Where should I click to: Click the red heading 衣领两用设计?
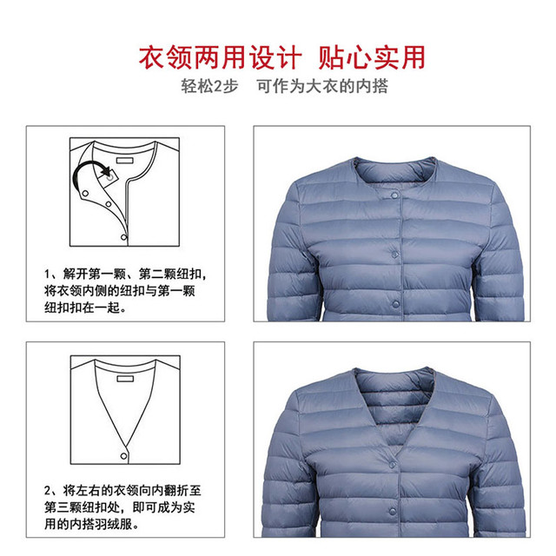pyautogui.click(x=220, y=57)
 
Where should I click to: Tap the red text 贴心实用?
pyautogui.click(x=372, y=57)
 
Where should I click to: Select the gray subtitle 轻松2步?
pyautogui.click(x=209, y=86)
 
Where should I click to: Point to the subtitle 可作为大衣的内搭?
pyautogui.click(x=322, y=86)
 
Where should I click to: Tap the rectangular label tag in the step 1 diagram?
pyautogui.click(x=125, y=161)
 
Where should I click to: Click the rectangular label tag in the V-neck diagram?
pyautogui.click(x=125, y=379)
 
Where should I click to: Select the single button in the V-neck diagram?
pyautogui.click(x=123, y=456)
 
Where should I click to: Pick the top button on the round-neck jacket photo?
pyautogui.click(x=394, y=195)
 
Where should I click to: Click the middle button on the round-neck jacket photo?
pyautogui.click(x=394, y=254)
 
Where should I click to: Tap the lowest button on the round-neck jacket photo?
pyautogui.click(x=395, y=303)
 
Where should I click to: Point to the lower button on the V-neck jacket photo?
pyautogui.click(x=393, y=511)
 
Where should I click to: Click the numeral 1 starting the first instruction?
pyautogui.click(x=47, y=275)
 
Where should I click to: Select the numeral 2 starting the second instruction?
pyautogui.click(x=48, y=491)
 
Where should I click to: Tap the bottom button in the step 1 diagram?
pyautogui.click(x=123, y=237)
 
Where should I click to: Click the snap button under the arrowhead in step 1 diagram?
pyautogui.click(x=110, y=177)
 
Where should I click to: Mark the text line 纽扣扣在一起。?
pyautogui.click(x=85, y=308)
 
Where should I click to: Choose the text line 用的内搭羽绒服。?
pyautogui.click(x=91, y=524)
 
